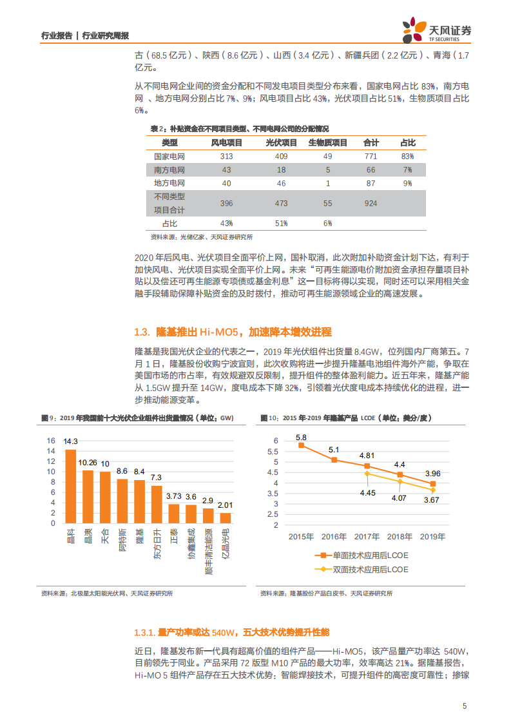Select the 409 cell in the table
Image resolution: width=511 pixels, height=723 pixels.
(x=281, y=157)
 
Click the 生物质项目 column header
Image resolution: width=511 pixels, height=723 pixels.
(x=327, y=142)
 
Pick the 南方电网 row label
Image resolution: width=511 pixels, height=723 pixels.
(x=169, y=170)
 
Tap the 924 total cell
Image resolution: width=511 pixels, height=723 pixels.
(x=371, y=204)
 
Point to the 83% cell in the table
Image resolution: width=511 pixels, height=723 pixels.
(x=407, y=157)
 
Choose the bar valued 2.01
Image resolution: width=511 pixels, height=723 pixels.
(x=226, y=517)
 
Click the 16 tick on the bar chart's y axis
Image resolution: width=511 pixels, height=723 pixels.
(x=51, y=441)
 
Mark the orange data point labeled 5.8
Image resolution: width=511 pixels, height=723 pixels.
(x=301, y=445)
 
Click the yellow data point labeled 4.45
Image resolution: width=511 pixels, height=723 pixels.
(x=367, y=474)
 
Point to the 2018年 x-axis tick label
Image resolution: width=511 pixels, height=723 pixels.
(x=400, y=536)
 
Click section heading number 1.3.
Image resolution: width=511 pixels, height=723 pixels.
(x=142, y=332)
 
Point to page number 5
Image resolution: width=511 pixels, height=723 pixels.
(x=464, y=706)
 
